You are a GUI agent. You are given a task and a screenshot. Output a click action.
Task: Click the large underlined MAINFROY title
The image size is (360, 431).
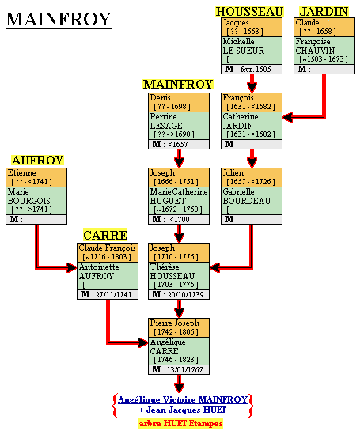[59, 20]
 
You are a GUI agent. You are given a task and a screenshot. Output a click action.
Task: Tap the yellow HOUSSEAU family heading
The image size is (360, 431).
[249, 12]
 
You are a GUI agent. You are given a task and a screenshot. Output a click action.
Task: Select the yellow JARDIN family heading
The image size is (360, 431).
[324, 12]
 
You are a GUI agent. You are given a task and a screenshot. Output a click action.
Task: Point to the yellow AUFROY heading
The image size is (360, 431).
[38, 161]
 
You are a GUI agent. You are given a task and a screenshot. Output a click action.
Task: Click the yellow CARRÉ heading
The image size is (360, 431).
[105, 236]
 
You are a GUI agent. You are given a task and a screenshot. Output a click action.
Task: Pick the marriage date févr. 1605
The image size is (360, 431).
[256, 70]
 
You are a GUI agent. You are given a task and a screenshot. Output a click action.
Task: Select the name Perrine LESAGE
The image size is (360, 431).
[166, 121]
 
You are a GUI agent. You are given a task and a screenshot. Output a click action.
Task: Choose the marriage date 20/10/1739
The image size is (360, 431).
[185, 295]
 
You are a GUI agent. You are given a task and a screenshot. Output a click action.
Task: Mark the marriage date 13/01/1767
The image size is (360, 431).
[185, 369]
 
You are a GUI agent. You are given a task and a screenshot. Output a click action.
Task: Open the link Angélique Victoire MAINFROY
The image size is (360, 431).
[183, 399]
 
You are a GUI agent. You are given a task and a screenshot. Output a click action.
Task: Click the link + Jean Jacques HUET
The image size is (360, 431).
[183, 410]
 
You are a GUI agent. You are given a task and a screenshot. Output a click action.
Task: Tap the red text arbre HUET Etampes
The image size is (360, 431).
[180, 423]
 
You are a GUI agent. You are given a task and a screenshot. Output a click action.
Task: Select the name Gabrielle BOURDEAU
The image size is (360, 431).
[247, 196]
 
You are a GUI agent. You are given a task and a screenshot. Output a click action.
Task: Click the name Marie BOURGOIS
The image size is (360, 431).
[28, 196]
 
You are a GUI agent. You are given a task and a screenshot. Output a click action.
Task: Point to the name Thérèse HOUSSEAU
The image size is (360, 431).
[172, 271]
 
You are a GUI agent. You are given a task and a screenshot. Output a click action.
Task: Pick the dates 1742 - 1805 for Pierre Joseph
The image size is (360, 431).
[176, 332]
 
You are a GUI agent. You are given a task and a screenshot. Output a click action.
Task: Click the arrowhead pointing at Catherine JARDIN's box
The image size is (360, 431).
[288, 117]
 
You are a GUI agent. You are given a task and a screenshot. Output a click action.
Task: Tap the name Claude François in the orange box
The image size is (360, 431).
[108, 248]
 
